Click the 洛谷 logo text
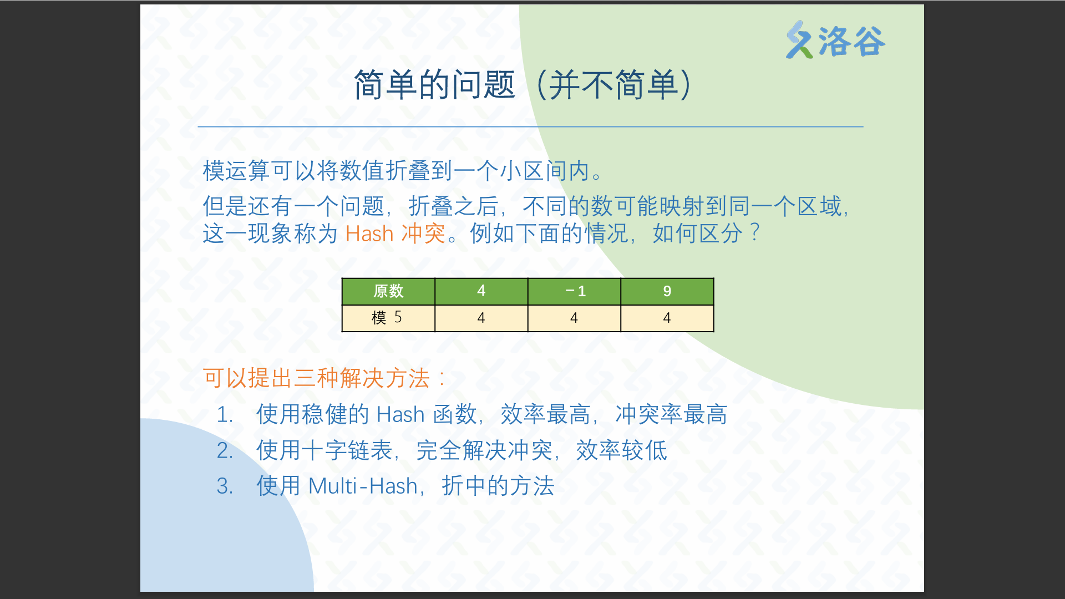coord(851,42)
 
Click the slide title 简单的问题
coord(435,85)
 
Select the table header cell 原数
coord(388,291)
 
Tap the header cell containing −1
coord(574,291)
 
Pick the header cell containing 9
coord(667,291)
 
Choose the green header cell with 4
coord(481,291)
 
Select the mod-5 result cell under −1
coord(574,318)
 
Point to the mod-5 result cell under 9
coord(667,318)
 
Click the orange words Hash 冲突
coord(395,233)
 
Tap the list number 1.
coord(225,415)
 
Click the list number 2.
coord(225,451)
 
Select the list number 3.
coord(225,486)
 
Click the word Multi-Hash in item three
coord(363,486)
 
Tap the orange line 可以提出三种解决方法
coord(317,378)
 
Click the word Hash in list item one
coord(400,415)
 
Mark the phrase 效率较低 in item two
coord(621,450)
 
